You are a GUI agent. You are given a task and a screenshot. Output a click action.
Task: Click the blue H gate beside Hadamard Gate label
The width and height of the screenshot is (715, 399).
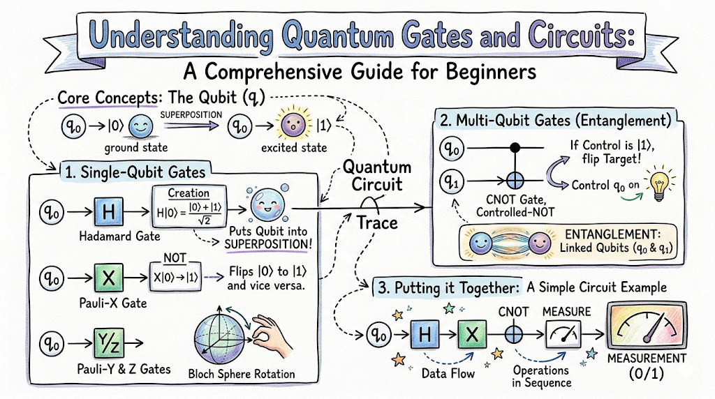coord(108,212)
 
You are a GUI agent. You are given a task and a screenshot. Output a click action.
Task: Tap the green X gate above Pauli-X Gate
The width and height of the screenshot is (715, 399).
coord(108,278)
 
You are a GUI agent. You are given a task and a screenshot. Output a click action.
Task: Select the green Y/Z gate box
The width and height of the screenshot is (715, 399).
coord(108,343)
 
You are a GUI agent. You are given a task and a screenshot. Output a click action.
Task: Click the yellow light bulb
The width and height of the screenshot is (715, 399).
coord(659,184)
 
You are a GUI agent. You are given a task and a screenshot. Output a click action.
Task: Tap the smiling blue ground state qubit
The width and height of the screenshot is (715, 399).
coord(141,126)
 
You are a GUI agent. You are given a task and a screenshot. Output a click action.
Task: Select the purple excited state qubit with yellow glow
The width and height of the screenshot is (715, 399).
coord(293,125)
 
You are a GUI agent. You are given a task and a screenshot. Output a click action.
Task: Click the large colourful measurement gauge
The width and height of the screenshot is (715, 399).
coord(647,326)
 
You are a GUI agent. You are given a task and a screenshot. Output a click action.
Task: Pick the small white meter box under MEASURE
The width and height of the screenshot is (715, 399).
coord(563,334)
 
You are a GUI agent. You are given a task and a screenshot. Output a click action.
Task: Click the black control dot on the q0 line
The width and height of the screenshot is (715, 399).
coord(515,147)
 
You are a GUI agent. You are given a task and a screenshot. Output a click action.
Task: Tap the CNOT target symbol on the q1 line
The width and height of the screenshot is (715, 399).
coord(515,181)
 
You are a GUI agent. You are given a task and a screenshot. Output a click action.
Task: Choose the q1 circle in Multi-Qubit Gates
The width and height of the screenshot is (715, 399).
coord(452,182)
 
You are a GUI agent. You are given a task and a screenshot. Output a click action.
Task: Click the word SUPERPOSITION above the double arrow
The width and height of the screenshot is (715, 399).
coord(191,115)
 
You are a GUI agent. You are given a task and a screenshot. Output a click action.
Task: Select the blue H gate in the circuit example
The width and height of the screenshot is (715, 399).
coord(425,335)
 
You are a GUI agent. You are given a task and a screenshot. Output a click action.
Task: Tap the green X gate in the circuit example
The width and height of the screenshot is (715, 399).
coord(472,335)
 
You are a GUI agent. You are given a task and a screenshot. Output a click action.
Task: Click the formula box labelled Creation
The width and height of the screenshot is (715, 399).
coord(189,206)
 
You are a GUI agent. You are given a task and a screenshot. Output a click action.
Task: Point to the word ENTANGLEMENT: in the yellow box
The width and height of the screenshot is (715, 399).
coord(612,234)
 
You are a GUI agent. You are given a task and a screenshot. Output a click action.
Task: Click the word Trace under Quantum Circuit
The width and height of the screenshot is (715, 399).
coord(377,223)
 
